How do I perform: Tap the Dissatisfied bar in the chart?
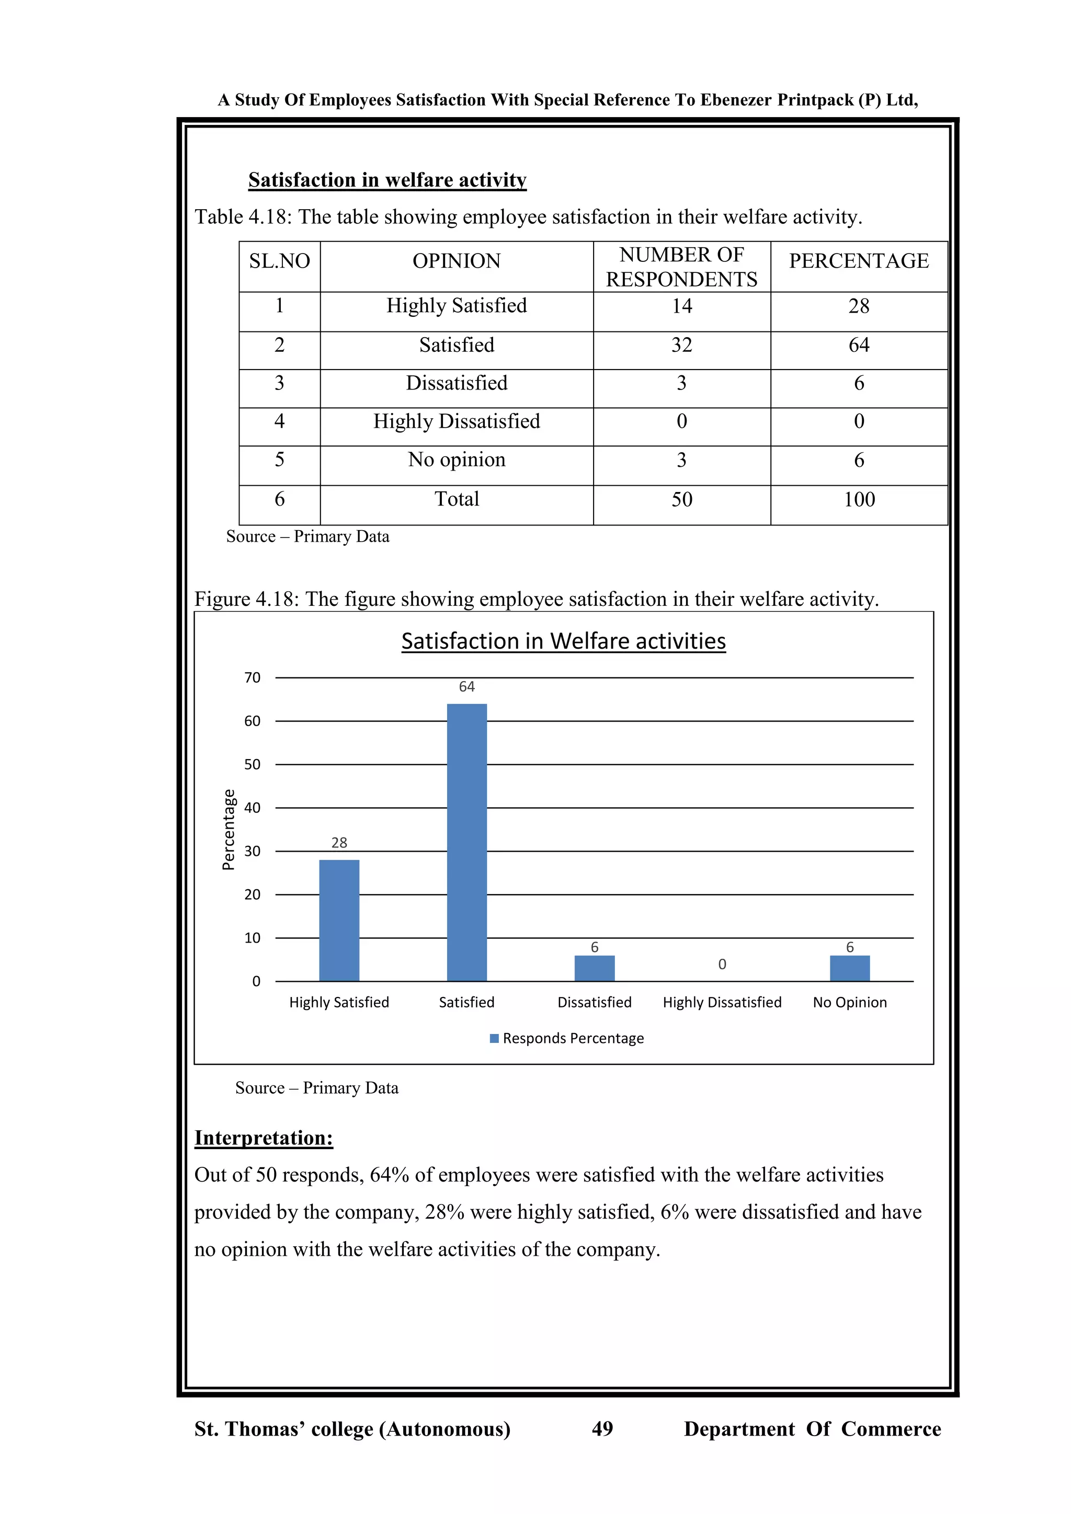[x=594, y=968]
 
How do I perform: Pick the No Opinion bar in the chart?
[x=849, y=968]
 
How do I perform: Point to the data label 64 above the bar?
[x=467, y=686]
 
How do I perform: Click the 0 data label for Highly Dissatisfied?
[x=722, y=964]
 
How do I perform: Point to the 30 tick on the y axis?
[x=252, y=851]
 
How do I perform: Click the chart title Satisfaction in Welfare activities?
[x=563, y=641]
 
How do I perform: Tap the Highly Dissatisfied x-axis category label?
[x=722, y=1002]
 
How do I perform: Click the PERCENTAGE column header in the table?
[x=859, y=261]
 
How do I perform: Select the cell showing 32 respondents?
[x=682, y=345]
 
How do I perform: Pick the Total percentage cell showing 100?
[x=859, y=499]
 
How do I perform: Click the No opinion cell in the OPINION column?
[x=457, y=460]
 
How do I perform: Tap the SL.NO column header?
[x=280, y=261]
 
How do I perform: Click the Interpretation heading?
[x=264, y=1138]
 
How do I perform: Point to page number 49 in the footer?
[x=602, y=1428]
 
